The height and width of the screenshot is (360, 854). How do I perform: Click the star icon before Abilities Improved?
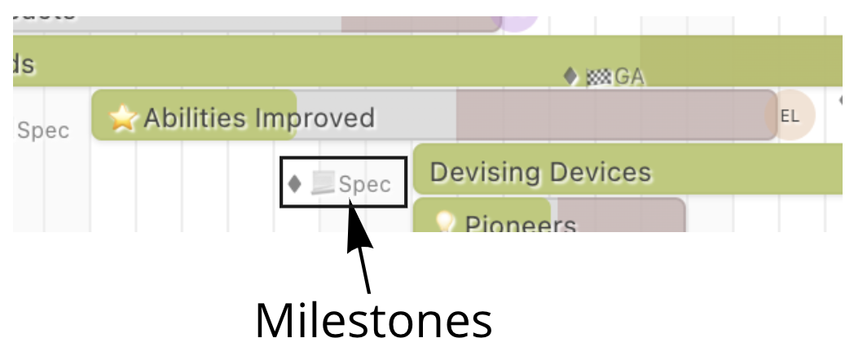coord(122,119)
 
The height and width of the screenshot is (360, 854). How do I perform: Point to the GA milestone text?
coord(629,77)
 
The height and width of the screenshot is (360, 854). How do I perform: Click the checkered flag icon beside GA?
coord(598,77)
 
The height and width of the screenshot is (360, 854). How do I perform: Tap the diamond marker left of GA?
coord(570,77)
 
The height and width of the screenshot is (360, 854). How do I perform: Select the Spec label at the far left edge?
coord(42,130)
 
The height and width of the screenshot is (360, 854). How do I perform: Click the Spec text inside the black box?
coord(364,184)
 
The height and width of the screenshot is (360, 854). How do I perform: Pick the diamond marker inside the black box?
coord(295,183)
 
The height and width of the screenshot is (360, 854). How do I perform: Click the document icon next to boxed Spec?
coord(323,183)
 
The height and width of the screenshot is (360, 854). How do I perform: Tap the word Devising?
coord(484,173)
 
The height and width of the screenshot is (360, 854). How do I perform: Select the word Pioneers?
coord(520,224)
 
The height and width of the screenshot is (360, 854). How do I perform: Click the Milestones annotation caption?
coord(373,321)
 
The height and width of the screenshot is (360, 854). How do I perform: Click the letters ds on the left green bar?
coord(24,64)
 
